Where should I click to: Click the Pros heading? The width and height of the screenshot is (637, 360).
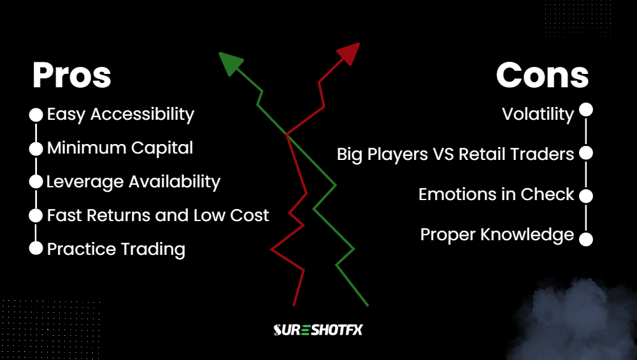(72, 76)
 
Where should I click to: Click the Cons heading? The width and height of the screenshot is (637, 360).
(542, 76)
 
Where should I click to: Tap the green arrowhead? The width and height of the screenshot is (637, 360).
(230, 63)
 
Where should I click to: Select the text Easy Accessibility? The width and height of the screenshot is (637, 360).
(120, 115)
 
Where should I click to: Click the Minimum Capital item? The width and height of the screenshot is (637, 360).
(120, 148)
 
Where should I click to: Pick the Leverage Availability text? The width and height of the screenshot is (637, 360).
(133, 182)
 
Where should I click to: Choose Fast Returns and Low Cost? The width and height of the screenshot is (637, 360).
(158, 215)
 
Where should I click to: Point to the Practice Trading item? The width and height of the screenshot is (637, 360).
(116, 248)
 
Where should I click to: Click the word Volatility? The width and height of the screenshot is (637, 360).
(538, 115)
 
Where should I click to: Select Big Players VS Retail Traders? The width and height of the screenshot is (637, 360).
(455, 154)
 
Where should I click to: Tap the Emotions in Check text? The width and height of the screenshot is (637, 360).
(496, 194)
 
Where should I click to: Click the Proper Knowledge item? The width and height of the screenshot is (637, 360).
(497, 235)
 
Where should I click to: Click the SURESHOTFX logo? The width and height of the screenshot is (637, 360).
(318, 329)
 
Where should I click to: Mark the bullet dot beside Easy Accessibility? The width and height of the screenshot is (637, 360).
(36, 115)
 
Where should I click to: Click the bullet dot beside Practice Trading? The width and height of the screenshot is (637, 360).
(36, 248)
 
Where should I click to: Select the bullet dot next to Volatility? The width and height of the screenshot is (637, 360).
(586, 111)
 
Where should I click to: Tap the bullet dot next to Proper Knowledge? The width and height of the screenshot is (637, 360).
(586, 239)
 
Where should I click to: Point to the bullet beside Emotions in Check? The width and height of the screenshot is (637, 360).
(586, 196)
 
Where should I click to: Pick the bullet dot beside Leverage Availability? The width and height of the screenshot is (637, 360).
(36, 182)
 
